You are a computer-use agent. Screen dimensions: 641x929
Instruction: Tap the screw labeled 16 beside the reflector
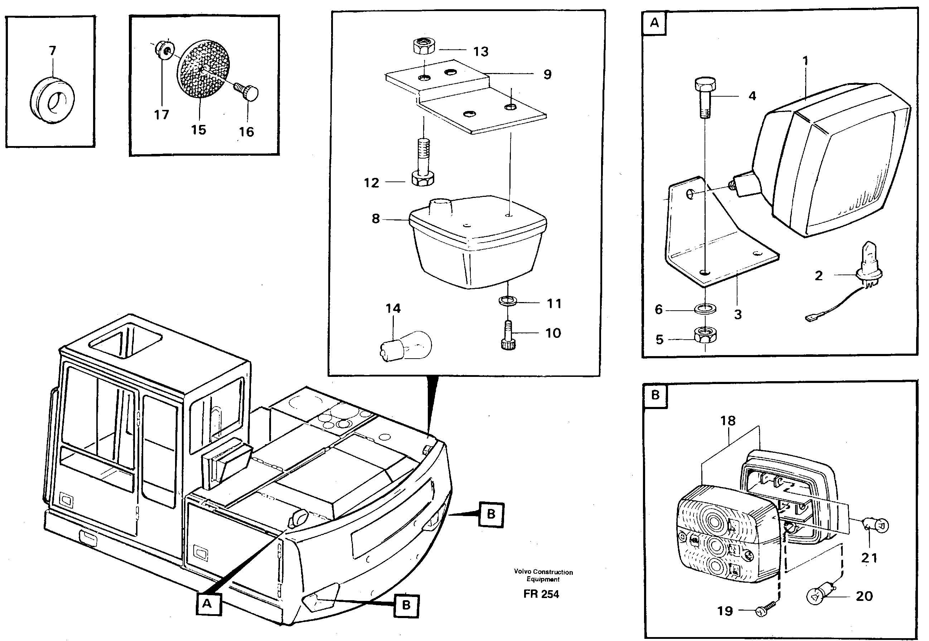pyautogui.click(x=247, y=92)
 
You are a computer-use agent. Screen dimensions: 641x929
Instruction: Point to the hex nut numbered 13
pyautogui.click(x=424, y=47)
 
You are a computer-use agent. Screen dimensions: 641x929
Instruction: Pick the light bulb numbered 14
pyautogui.click(x=406, y=345)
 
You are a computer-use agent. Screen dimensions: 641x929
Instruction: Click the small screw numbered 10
pyautogui.click(x=508, y=335)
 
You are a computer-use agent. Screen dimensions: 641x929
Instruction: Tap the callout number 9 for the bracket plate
pyautogui.click(x=547, y=74)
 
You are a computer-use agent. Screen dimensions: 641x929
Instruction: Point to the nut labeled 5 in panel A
pyautogui.click(x=705, y=335)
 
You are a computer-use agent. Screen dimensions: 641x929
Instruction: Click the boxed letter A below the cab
pyautogui.click(x=207, y=604)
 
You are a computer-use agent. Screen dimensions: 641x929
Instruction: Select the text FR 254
pyautogui.click(x=541, y=594)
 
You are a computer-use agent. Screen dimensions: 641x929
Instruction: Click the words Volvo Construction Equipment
pyautogui.click(x=543, y=576)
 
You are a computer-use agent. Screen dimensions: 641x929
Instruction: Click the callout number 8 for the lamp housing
pyautogui.click(x=376, y=219)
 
